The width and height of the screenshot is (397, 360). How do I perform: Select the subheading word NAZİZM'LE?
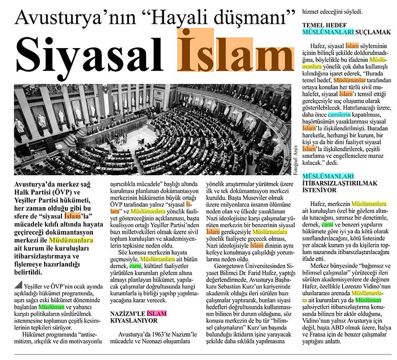[x=128, y=313]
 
